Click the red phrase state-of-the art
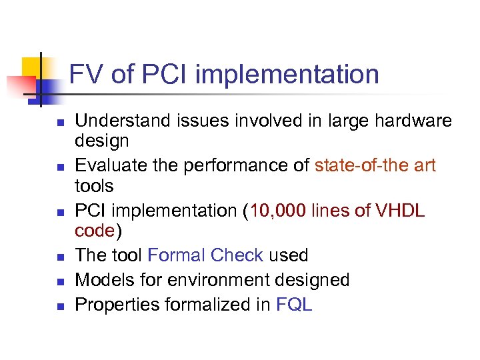click(375, 165)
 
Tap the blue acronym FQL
click(294, 305)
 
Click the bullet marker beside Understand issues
click(59, 123)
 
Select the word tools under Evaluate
click(94, 185)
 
